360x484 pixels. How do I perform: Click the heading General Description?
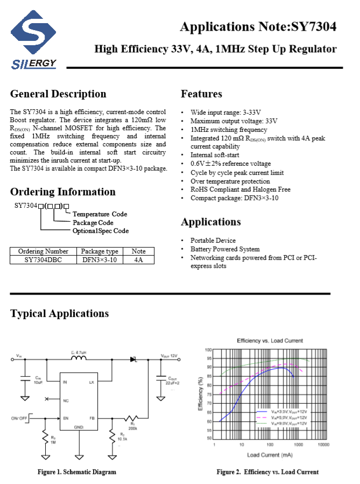click(58, 94)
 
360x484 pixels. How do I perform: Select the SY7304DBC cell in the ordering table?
click(43, 259)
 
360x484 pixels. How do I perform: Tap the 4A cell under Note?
click(138, 259)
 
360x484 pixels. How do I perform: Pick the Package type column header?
click(100, 251)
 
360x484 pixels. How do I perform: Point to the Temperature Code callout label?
click(100, 214)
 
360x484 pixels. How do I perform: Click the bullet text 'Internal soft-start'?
click(215, 155)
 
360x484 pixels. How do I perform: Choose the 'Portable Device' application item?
click(213, 240)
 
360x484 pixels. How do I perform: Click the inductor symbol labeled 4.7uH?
click(79, 359)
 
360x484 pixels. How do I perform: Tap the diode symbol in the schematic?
click(133, 359)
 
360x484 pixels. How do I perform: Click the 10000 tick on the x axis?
click(323, 445)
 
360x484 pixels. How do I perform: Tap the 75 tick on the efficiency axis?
click(208, 394)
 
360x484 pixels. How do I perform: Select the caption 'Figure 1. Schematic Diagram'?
click(76, 472)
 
